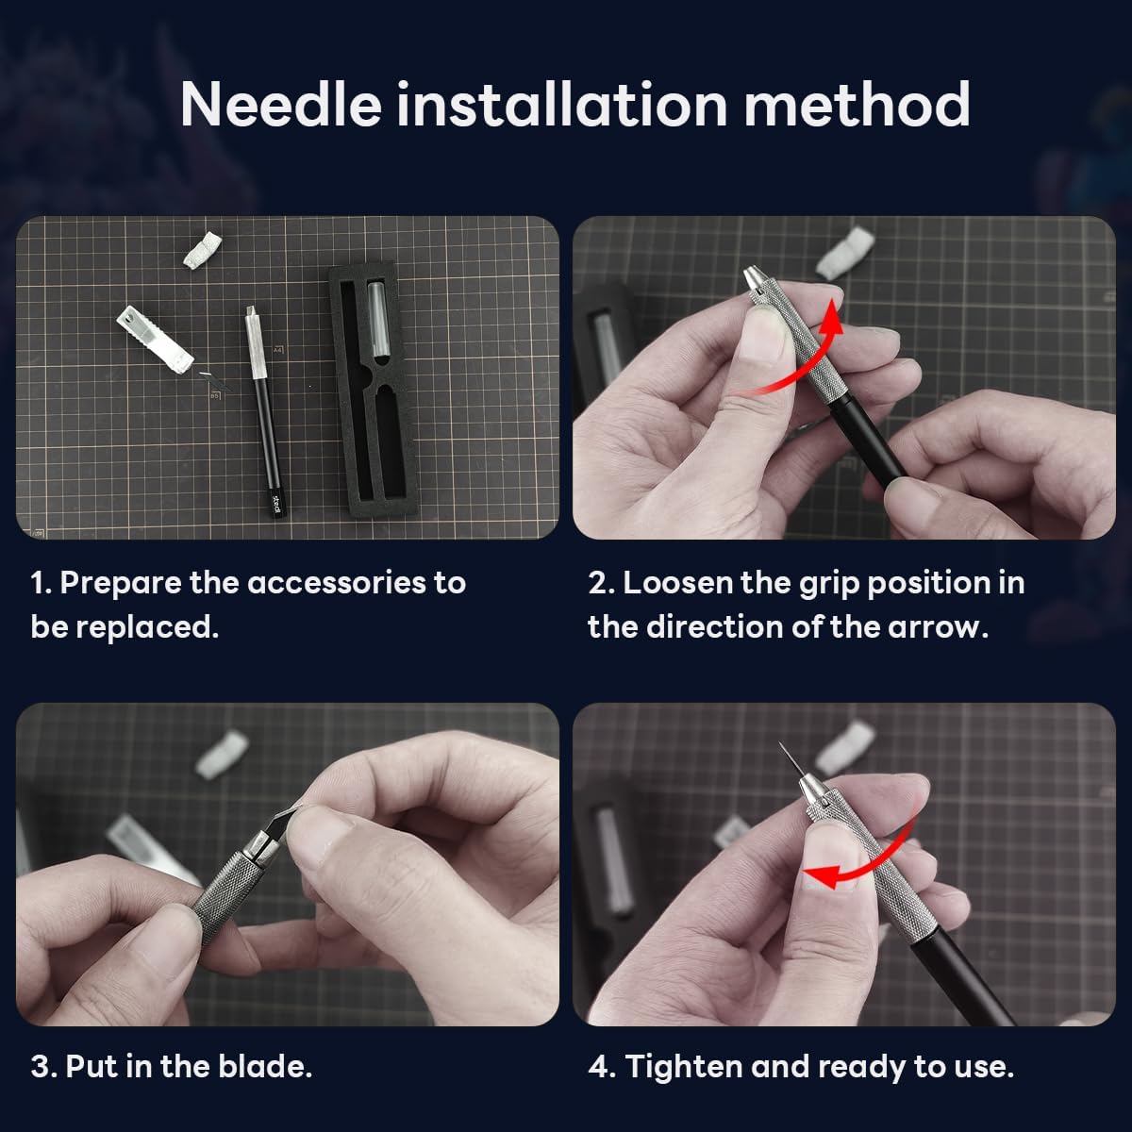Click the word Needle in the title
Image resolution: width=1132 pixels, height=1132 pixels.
pyautogui.click(x=280, y=104)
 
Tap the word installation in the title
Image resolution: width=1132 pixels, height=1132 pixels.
pyautogui.click(x=561, y=104)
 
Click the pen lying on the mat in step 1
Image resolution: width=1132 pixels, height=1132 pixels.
pyautogui.click(x=261, y=406)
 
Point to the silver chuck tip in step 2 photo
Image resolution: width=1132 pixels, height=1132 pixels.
pyautogui.click(x=755, y=279)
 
